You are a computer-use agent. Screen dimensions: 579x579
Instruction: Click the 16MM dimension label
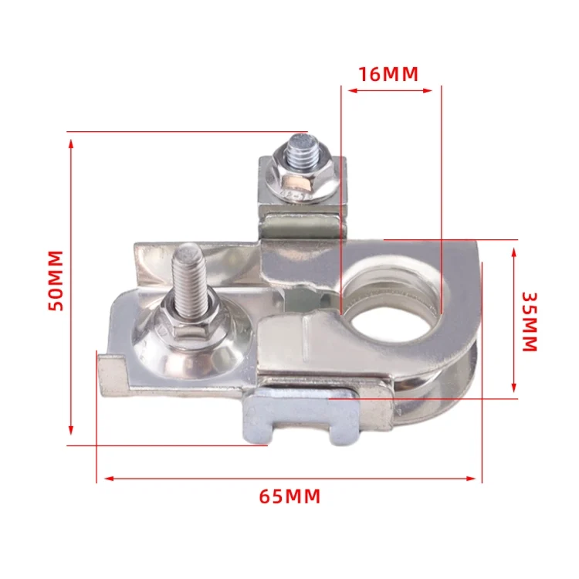[x=388, y=74]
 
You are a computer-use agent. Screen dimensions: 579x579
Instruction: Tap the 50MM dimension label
[x=56, y=281]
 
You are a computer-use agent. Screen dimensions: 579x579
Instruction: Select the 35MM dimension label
[x=530, y=322]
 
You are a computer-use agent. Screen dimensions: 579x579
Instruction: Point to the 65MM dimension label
[x=289, y=496]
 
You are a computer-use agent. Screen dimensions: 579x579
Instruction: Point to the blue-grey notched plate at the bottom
[x=300, y=415]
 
